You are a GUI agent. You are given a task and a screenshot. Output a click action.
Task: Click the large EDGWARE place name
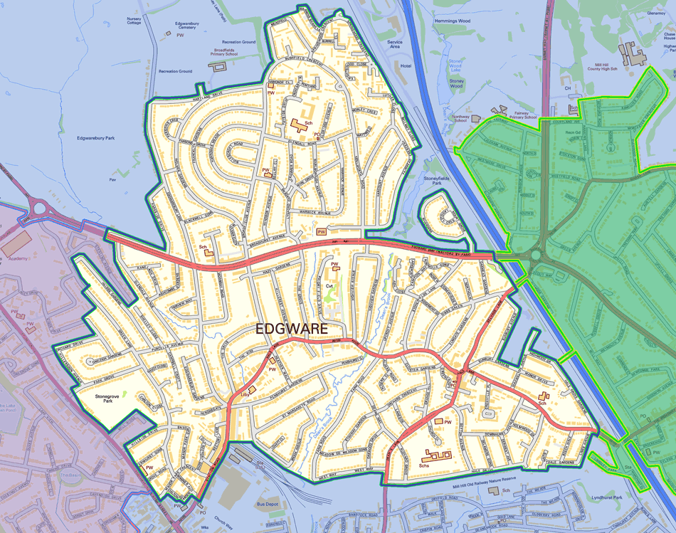[x=292, y=329]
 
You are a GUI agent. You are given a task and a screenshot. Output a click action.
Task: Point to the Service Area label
[x=394, y=46]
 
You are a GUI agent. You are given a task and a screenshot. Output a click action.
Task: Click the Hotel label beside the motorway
[x=406, y=65]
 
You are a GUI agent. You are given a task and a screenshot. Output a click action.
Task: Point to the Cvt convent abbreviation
[x=329, y=285]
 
